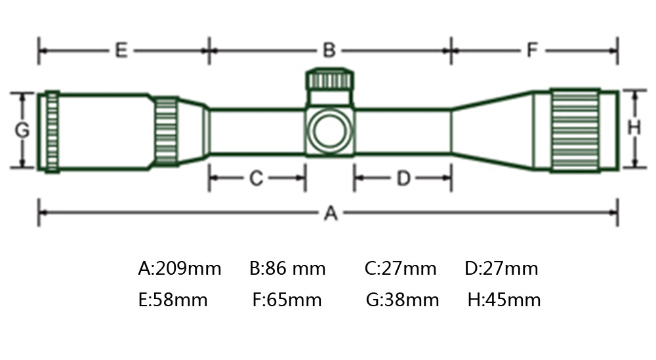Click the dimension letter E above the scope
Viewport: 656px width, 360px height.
(x=121, y=50)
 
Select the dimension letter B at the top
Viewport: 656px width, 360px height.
(x=329, y=50)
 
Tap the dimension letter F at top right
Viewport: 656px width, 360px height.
(x=533, y=50)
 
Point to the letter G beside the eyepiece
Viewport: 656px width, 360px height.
(x=22, y=130)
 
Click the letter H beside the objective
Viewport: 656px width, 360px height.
(x=634, y=129)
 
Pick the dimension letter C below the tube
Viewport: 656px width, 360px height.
(x=256, y=178)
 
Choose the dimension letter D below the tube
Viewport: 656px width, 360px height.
(x=403, y=178)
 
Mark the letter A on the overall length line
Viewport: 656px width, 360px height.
(x=331, y=213)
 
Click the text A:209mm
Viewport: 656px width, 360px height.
(x=179, y=269)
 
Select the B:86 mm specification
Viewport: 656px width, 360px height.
(x=287, y=269)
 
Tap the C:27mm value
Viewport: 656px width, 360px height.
(x=400, y=269)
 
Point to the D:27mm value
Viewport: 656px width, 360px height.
(x=501, y=269)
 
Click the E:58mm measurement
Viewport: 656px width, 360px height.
(x=173, y=300)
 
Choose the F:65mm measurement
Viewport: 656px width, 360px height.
(x=287, y=300)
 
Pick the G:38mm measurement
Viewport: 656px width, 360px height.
(x=402, y=300)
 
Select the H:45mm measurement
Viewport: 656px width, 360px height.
(x=504, y=300)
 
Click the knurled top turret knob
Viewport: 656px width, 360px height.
(x=331, y=80)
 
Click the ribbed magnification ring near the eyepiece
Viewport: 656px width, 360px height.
(x=166, y=131)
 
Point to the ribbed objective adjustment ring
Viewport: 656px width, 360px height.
(x=575, y=130)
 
